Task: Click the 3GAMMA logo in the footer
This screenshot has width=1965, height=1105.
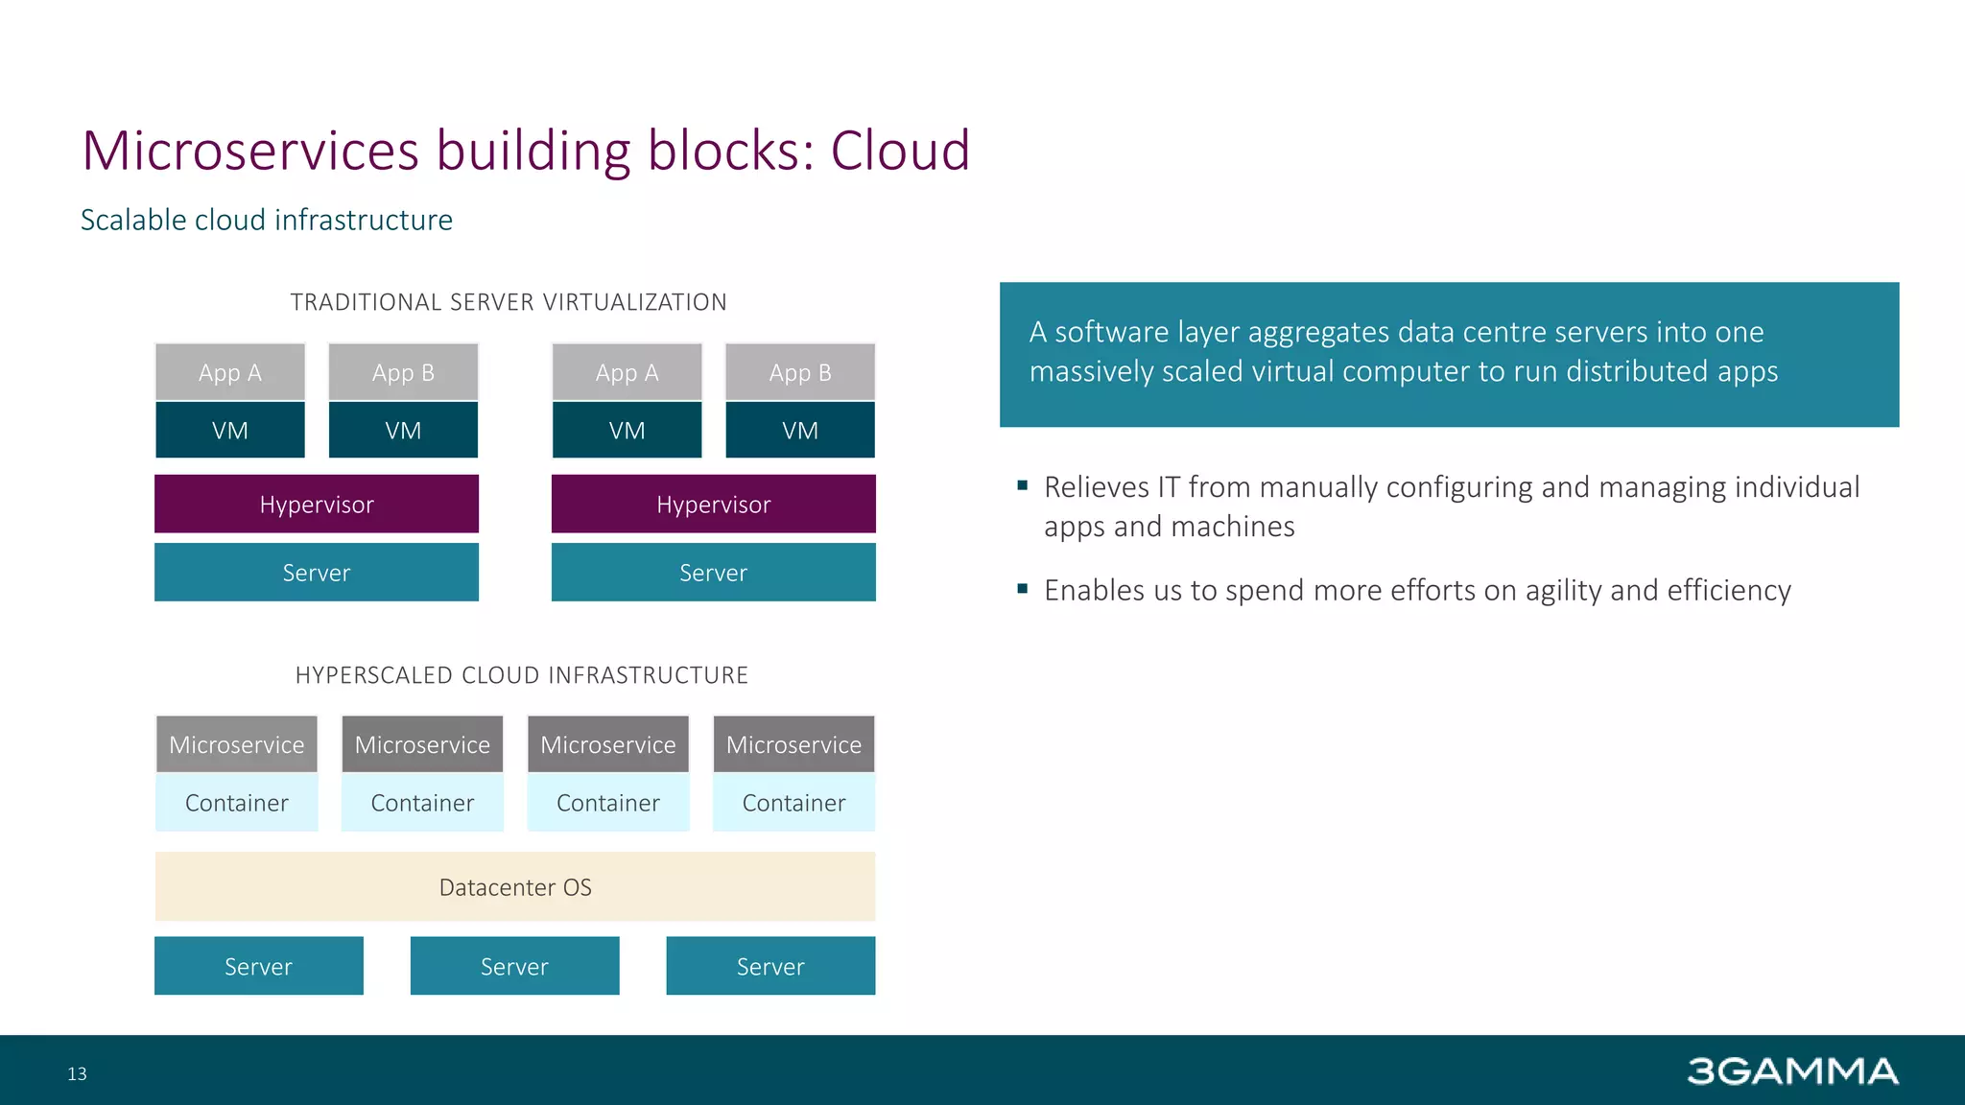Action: (x=1791, y=1071)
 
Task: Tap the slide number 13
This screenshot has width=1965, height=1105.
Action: (x=77, y=1074)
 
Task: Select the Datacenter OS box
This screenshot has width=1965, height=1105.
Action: (x=515, y=887)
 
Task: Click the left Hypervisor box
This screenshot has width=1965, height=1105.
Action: (x=317, y=505)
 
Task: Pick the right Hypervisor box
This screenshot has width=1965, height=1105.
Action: (x=713, y=505)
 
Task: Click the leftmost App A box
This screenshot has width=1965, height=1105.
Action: (x=230, y=372)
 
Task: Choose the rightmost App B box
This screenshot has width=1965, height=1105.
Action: (x=799, y=372)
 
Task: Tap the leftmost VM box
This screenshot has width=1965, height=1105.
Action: (x=230, y=431)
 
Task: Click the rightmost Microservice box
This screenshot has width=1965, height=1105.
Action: (x=793, y=744)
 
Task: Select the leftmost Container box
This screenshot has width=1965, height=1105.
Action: (x=236, y=803)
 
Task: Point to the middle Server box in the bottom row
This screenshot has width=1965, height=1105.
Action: (x=514, y=966)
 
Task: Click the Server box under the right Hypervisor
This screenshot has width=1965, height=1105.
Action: (x=713, y=573)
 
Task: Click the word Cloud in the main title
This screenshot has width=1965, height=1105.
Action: (x=900, y=152)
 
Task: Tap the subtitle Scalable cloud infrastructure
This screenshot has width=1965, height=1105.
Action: (x=266, y=221)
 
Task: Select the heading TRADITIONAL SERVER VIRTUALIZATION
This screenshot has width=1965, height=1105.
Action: (x=509, y=302)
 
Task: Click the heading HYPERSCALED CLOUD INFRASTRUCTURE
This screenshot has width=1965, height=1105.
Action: (x=521, y=675)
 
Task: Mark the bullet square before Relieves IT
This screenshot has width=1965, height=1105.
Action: (x=1022, y=485)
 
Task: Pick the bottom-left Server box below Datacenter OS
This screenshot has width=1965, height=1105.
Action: (x=258, y=966)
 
